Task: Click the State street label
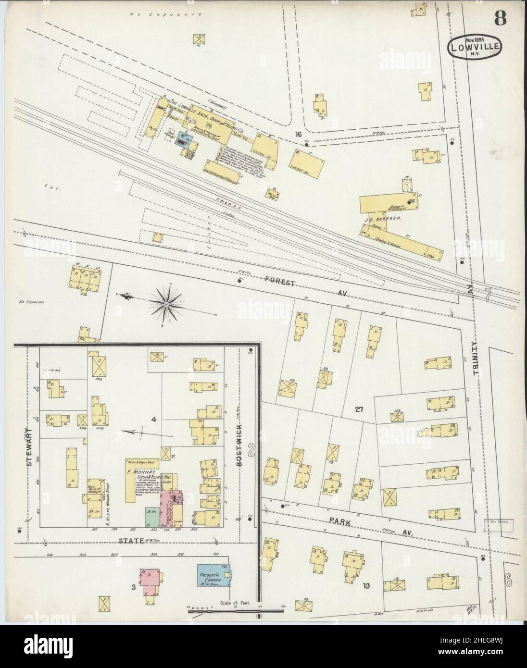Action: (x=132, y=541)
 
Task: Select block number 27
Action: (x=359, y=410)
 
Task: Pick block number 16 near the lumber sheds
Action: (x=299, y=134)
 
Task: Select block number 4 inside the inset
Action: (x=154, y=420)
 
